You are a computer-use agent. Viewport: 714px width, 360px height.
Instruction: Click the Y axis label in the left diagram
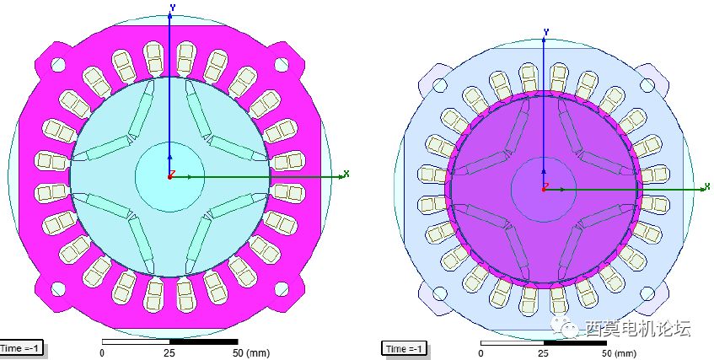(x=173, y=7)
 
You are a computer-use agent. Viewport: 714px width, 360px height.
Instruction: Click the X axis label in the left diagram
(x=346, y=173)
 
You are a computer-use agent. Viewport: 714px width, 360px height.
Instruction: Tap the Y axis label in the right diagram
(x=546, y=31)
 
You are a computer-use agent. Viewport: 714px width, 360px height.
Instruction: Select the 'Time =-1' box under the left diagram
(x=21, y=348)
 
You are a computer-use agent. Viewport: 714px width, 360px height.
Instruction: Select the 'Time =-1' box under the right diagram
(x=405, y=348)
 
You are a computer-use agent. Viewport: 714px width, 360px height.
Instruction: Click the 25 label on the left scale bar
(x=169, y=352)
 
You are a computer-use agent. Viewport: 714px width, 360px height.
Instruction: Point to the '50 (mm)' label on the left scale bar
(x=251, y=352)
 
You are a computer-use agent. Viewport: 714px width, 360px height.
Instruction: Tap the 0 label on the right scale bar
(x=480, y=353)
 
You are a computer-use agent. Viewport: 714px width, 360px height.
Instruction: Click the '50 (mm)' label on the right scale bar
(x=619, y=353)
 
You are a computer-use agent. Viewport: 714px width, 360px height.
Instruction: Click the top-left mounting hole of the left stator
(x=58, y=64)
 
